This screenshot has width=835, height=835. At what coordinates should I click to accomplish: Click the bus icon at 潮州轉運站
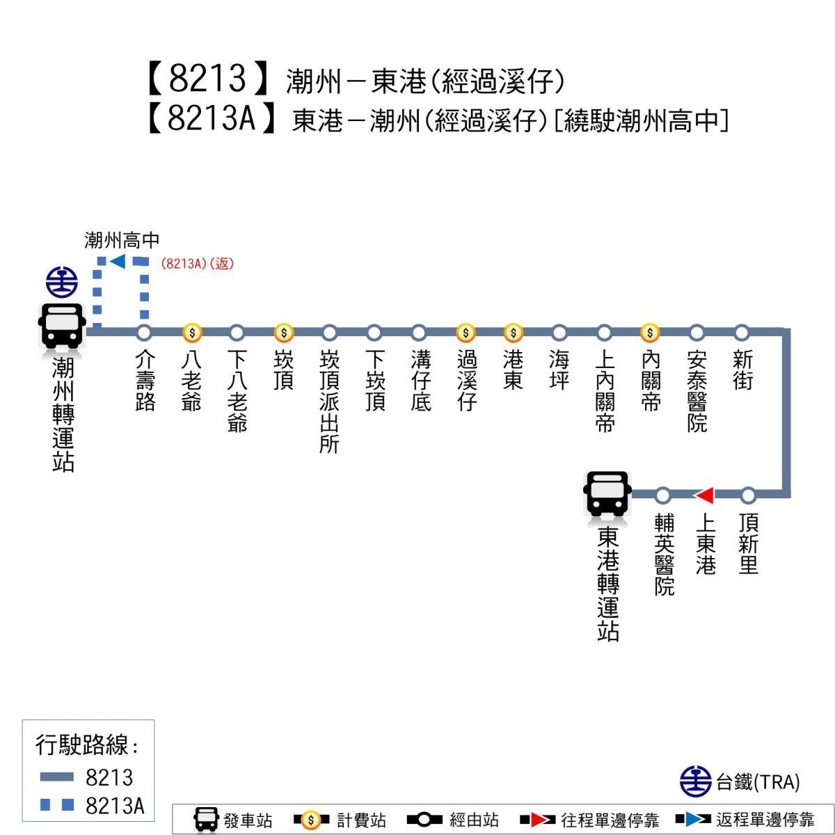(x=61, y=326)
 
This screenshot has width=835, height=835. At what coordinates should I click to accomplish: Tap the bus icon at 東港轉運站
(x=607, y=493)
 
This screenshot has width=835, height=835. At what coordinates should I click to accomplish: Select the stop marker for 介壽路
(x=144, y=333)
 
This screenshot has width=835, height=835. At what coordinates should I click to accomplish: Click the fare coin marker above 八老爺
(x=192, y=333)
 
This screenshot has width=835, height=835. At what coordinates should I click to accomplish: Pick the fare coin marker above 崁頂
(x=284, y=333)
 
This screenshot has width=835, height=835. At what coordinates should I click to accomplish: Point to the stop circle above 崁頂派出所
(x=329, y=333)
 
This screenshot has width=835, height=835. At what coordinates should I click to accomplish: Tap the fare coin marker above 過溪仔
(x=466, y=333)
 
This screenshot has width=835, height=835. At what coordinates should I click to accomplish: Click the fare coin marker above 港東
(x=514, y=333)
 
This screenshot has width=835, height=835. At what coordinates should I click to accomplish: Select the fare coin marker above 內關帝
(x=650, y=333)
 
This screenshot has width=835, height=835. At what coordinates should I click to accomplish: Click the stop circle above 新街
(x=742, y=333)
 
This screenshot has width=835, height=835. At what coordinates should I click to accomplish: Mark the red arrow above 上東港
(x=705, y=495)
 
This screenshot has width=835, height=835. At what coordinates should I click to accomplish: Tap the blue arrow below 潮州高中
(x=118, y=262)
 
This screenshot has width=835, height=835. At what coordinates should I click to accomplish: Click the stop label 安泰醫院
(x=697, y=391)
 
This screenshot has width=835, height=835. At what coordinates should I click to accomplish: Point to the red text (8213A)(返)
(x=198, y=264)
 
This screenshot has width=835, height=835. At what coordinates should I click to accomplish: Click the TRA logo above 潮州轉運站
(x=62, y=282)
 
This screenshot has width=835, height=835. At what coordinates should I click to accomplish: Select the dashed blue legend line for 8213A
(x=57, y=804)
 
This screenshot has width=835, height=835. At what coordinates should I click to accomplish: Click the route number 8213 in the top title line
(x=207, y=79)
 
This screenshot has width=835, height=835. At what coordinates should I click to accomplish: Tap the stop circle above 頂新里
(x=748, y=495)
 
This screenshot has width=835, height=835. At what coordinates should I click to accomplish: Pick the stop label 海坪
(x=559, y=370)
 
